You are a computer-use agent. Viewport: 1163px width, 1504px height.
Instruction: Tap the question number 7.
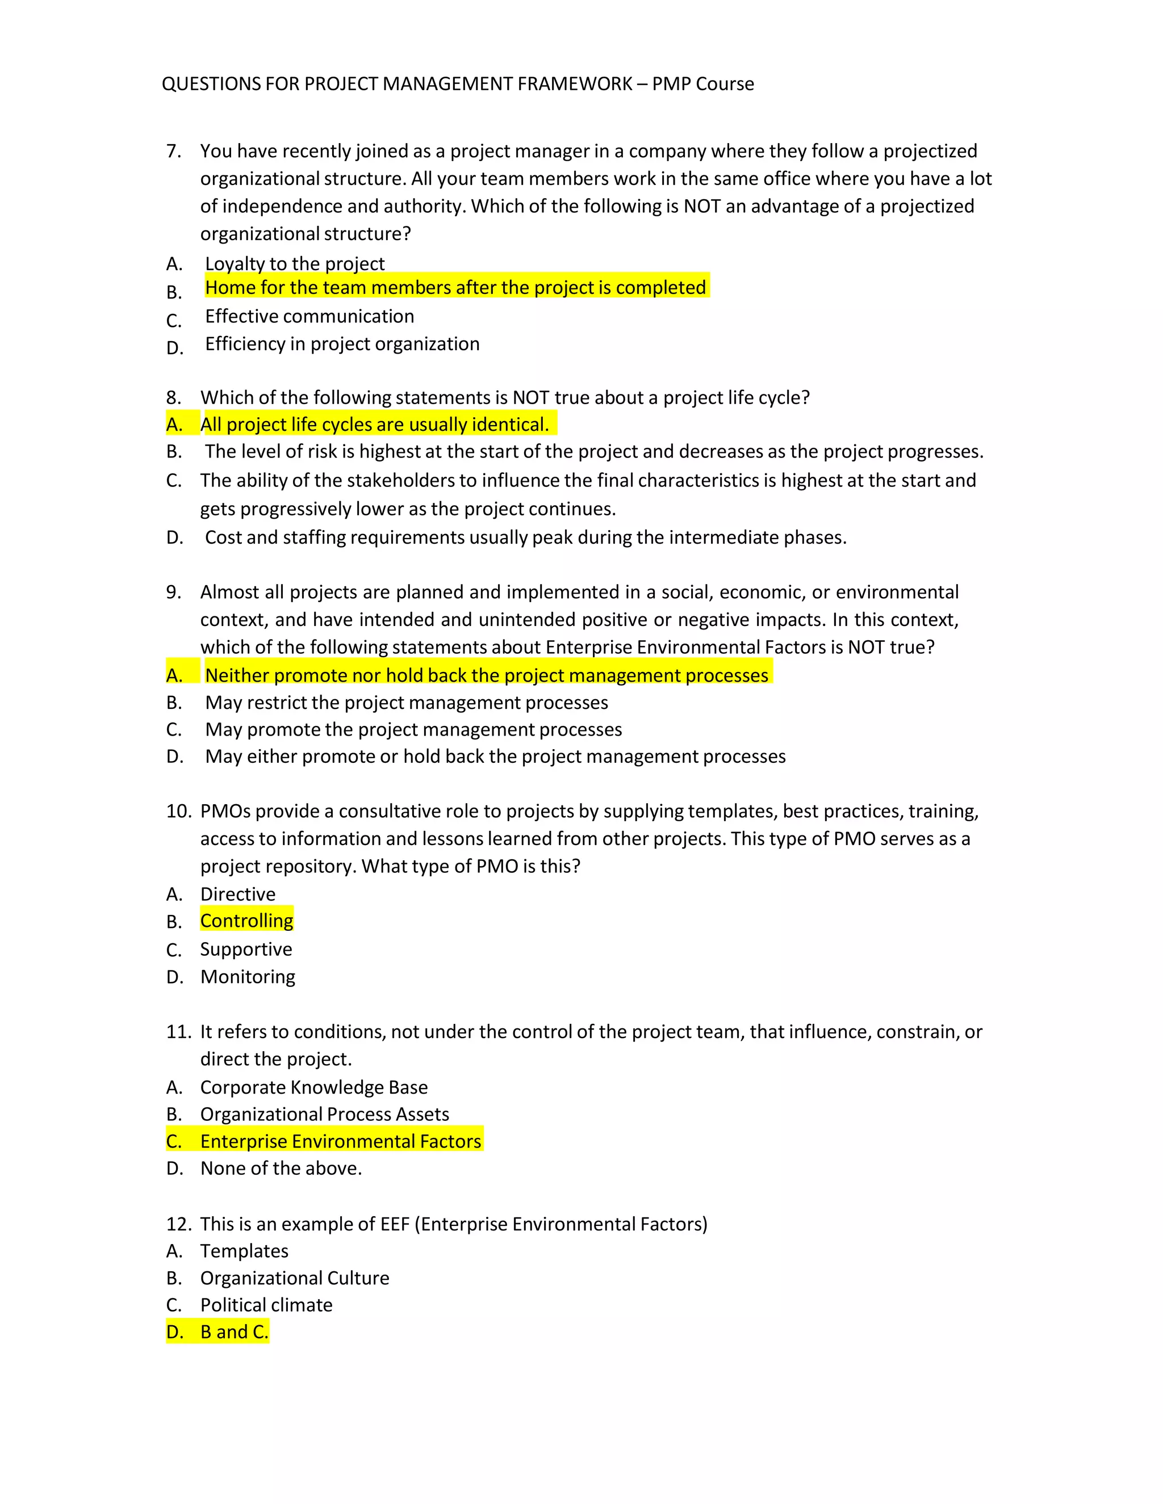pos(174,151)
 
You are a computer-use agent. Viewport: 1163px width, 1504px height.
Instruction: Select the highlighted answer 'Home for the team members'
pos(455,287)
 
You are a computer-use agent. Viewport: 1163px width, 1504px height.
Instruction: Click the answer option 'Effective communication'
pos(309,316)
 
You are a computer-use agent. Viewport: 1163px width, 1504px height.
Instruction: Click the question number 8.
pos(174,397)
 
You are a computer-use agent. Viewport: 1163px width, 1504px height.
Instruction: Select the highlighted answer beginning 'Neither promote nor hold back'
pos(487,675)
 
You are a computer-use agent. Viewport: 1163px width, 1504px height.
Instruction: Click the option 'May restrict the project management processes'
pos(407,703)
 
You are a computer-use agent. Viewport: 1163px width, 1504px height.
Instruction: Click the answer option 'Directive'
pos(238,894)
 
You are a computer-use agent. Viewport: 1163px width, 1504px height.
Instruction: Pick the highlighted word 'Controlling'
pos(246,921)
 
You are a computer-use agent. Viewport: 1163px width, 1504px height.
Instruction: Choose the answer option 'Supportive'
pos(246,949)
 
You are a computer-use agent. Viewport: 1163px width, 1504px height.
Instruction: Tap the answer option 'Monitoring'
pos(248,977)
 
